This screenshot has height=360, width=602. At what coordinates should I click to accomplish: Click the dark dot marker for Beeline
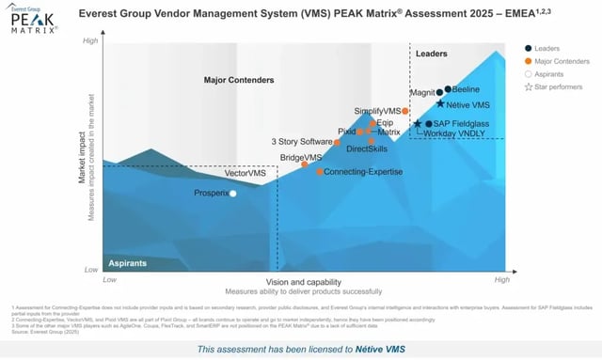(x=449, y=89)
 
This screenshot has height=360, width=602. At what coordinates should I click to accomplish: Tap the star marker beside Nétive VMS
(x=440, y=103)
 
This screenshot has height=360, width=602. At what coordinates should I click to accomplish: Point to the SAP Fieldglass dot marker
(x=428, y=123)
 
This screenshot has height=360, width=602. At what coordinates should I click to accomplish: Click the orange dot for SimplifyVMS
(x=405, y=112)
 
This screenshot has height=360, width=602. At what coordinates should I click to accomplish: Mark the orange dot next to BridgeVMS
(x=305, y=164)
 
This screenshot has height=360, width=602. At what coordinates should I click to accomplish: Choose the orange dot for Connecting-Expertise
(x=320, y=172)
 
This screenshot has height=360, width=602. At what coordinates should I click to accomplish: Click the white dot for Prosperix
(x=233, y=194)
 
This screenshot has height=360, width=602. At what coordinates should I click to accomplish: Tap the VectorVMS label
(x=246, y=174)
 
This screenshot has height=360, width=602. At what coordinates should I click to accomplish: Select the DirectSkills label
(x=367, y=149)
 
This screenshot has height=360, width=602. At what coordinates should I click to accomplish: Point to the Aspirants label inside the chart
(x=127, y=263)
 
